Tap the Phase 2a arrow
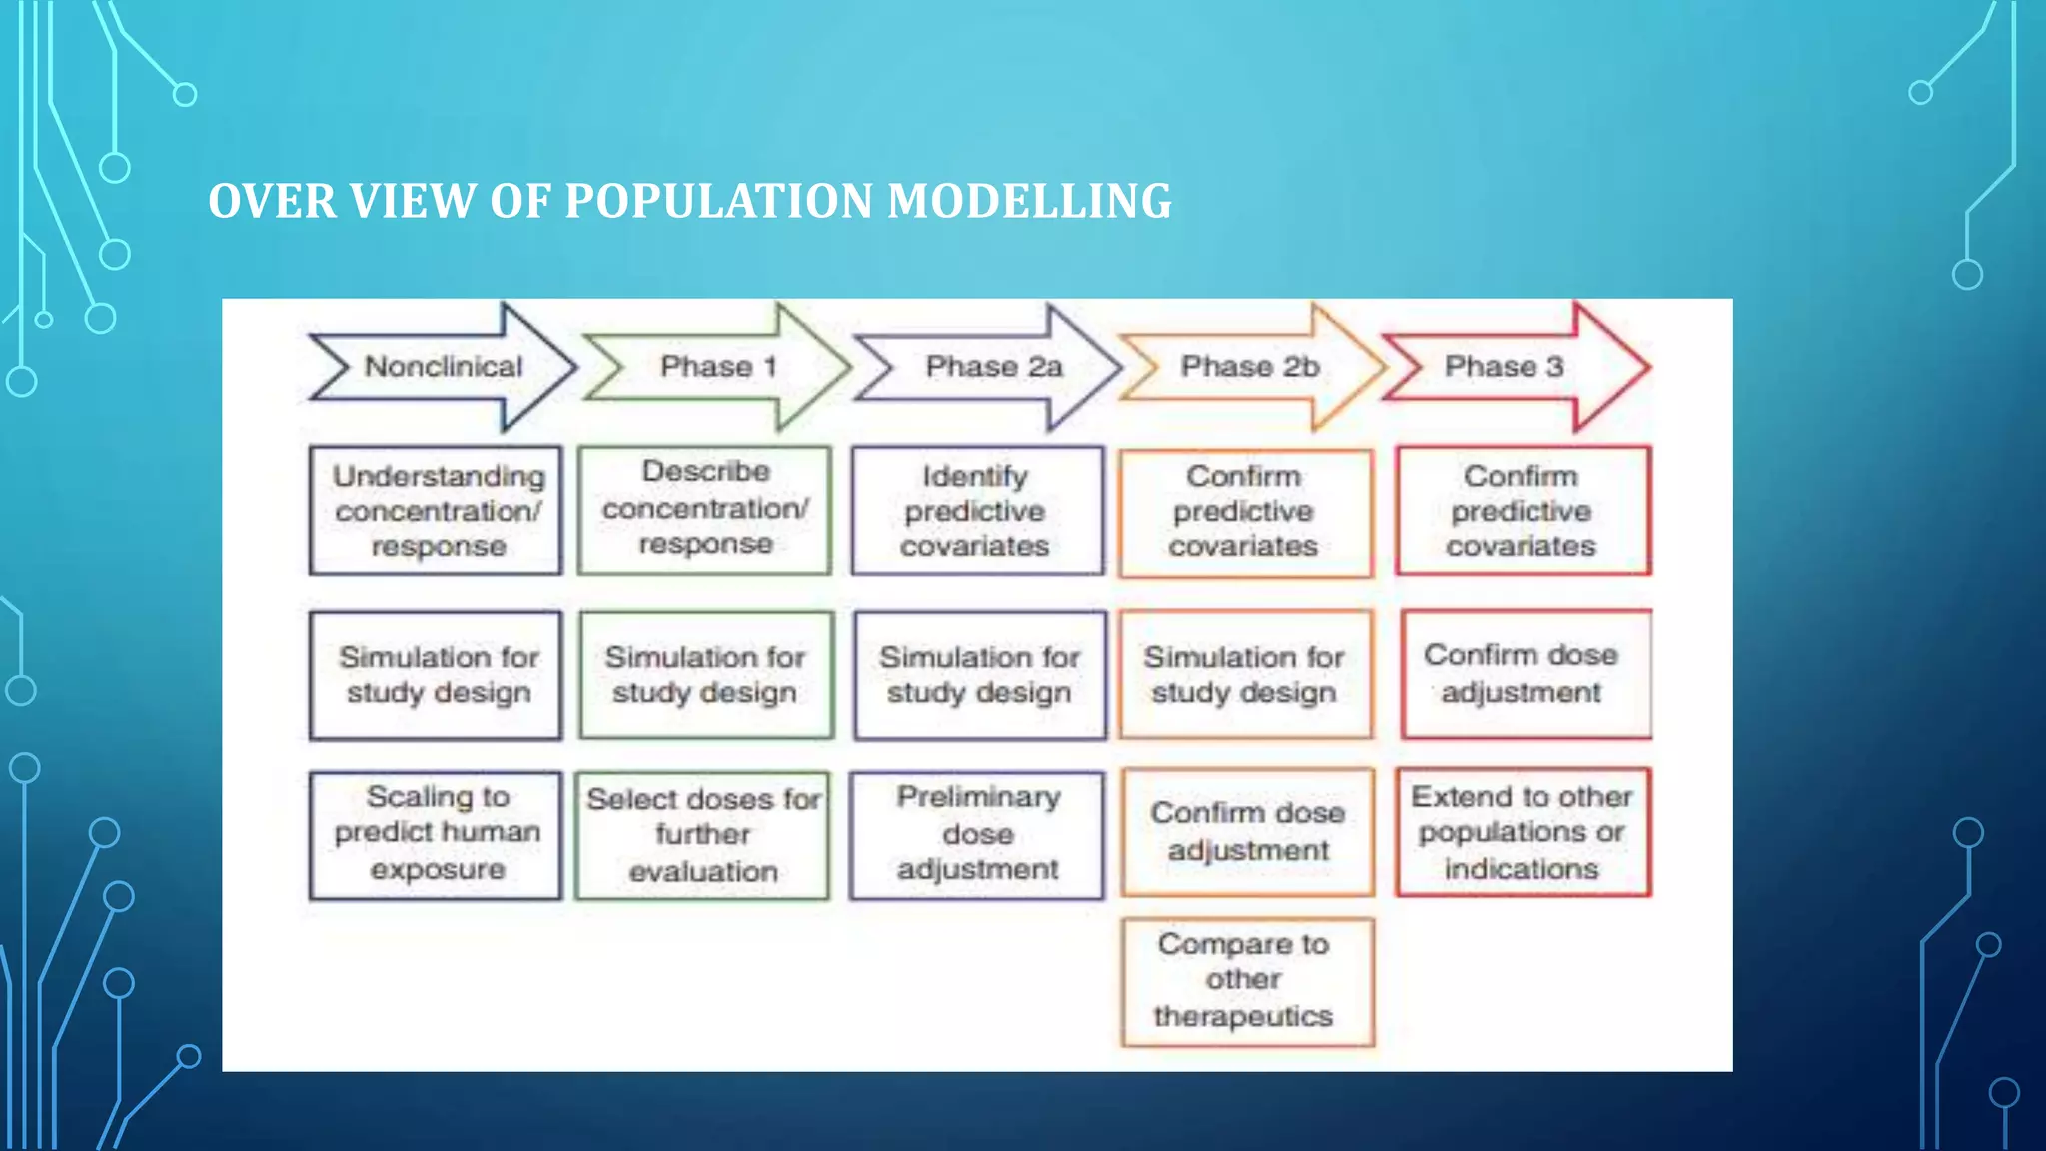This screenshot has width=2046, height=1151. point(992,367)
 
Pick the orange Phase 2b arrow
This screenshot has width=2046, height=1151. point(1250,367)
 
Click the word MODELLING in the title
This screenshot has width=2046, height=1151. point(1029,201)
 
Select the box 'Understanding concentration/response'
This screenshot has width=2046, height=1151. point(437,511)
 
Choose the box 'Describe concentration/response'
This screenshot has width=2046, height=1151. point(705,509)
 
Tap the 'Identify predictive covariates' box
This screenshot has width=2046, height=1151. point(976,511)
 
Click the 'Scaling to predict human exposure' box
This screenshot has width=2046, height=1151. point(437,834)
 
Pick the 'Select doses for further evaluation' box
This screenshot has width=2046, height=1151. point(703,835)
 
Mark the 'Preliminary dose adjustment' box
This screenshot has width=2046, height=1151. point(977,834)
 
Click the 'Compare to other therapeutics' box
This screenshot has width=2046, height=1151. point(1246,981)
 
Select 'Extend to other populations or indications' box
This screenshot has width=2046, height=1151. point(1522,832)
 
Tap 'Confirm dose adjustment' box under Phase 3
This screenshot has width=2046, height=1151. point(1524,674)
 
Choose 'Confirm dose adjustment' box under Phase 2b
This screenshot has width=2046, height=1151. point(1247,832)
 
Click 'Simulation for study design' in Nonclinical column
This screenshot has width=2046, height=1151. point(437,675)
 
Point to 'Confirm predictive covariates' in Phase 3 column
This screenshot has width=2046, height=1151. point(1522,511)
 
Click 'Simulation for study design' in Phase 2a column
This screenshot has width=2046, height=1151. point(979,675)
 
